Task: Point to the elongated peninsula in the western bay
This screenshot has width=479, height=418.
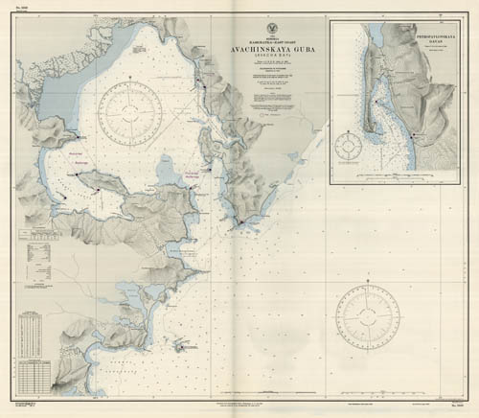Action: pyautogui.click(x=101, y=192)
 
